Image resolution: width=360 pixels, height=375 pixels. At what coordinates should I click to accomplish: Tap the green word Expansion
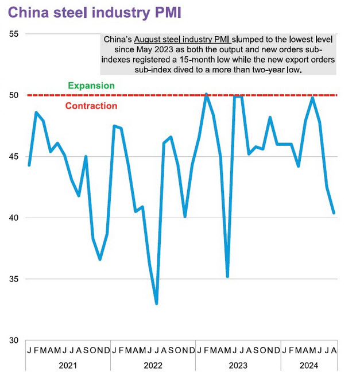pyautogui.click(x=91, y=86)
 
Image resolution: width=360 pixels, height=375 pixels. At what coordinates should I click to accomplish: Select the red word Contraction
pyautogui.click(x=91, y=106)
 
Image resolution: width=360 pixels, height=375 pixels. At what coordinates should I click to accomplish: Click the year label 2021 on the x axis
pyautogui.click(x=68, y=365)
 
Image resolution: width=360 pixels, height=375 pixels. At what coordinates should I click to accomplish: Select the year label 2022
pyautogui.click(x=153, y=365)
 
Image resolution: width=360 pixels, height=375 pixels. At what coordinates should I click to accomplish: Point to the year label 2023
pyautogui.click(x=238, y=365)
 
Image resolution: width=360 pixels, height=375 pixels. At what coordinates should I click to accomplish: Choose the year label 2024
pyautogui.click(x=309, y=365)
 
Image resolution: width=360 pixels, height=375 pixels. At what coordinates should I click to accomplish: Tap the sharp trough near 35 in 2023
pyautogui.click(x=227, y=277)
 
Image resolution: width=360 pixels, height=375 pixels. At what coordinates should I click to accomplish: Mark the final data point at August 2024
pyautogui.click(x=334, y=213)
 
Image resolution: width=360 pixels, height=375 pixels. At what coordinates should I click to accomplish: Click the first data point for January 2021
pyautogui.click(x=29, y=165)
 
